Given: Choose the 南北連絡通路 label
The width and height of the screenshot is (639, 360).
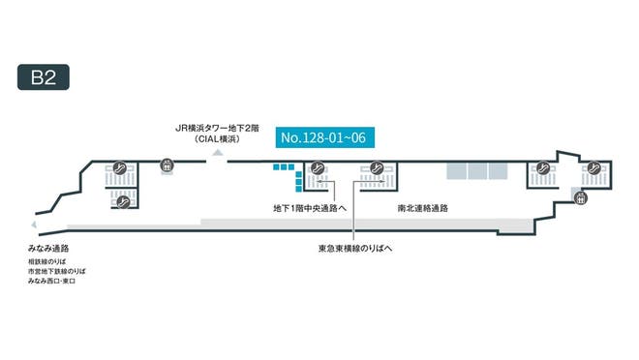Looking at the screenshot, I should click(423, 208).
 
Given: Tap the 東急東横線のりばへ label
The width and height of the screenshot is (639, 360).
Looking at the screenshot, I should click(355, 248).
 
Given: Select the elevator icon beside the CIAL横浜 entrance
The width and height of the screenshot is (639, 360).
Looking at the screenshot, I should click(167, 165).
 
